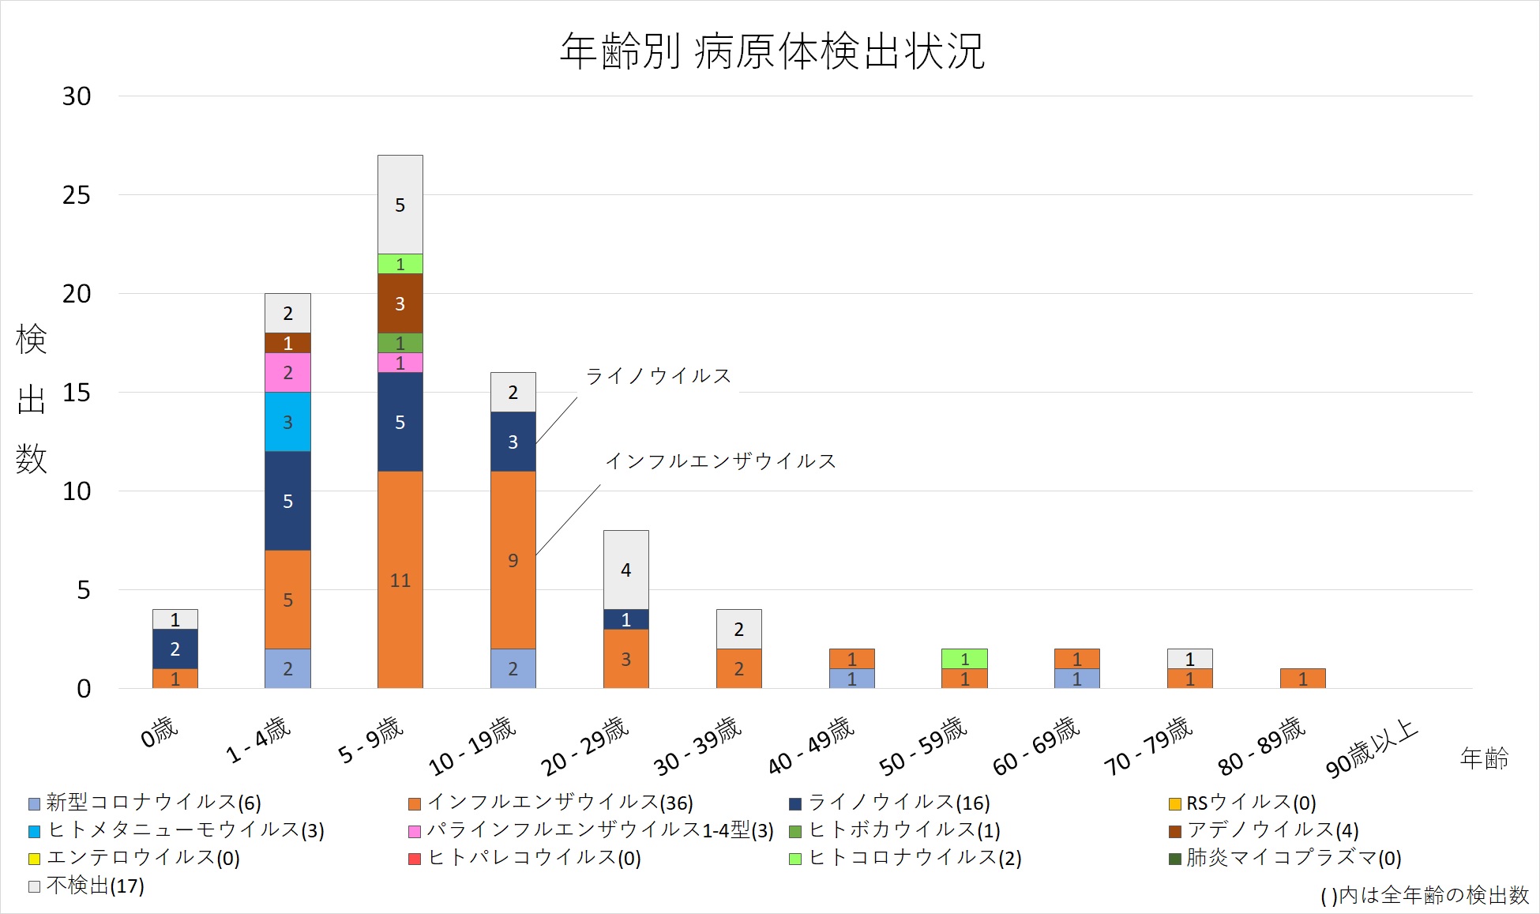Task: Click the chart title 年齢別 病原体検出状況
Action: (x=772, y=51)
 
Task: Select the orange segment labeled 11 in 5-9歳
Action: (x=400, y=580)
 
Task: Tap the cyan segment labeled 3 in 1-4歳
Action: (x=287, y=422)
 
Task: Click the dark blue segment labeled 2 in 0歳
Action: (x=175, y=649)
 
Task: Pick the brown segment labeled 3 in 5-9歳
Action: (x=400, y=303)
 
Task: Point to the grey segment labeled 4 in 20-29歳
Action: (x=626, y=570)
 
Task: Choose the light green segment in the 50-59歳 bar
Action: (x=964, y=659)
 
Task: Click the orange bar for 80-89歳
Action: (x=1302, y=679)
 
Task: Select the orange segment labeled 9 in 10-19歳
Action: (x=513, y=560)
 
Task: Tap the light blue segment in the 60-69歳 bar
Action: (x=1077, y=679)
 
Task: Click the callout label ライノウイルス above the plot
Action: (x=658, y=376)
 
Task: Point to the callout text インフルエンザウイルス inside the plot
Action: (x=720, y=461)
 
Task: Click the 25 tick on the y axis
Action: (x=77, y=195)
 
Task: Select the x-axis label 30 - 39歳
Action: (x=698, y=746)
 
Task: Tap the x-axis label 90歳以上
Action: (x=1372, y=748)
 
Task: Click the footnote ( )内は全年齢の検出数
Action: (x=1425, y=895)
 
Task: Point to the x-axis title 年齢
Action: (x=1484, y=758)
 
